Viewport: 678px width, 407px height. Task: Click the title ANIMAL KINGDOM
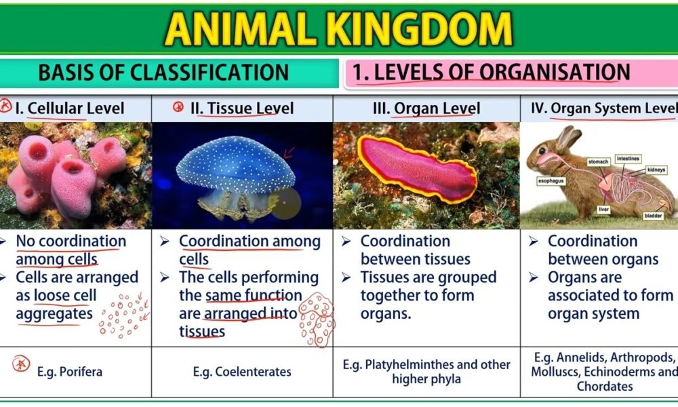coord(338,29)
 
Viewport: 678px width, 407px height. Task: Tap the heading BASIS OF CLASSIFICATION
coord(163,72)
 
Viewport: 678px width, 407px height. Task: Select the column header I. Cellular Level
coord(70,108)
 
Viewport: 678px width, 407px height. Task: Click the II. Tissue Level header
coord(242,108)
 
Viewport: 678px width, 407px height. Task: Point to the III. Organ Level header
coord(426,109)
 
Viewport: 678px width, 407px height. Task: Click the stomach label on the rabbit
coord(598,161)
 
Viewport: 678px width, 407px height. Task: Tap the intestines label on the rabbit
coord(628,159)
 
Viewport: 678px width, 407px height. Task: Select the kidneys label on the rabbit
coord(656,170)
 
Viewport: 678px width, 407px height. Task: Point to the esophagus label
coord(551,181)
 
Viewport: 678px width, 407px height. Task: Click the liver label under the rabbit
coord(603,210)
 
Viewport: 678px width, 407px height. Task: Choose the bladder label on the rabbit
coord(653,216)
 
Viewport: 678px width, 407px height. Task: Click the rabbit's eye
coord(542,151)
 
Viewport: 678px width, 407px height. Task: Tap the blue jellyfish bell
coord(236,164)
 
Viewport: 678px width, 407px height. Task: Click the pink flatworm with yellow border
coord(417,169)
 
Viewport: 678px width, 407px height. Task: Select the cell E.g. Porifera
coord(70,372)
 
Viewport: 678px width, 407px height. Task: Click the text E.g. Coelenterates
coord(242,372)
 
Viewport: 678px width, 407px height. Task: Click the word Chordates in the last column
coord(605,386)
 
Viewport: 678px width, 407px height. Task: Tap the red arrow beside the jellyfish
coord(289,152)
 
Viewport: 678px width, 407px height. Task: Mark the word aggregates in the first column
coord(54,314)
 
